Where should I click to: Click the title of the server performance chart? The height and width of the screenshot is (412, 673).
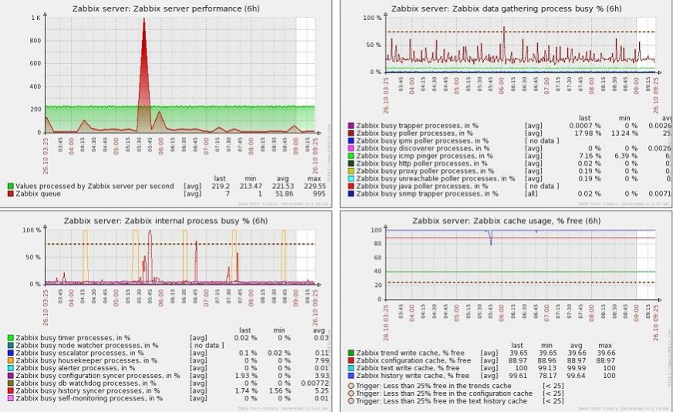166,8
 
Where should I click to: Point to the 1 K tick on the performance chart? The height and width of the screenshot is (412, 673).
36,18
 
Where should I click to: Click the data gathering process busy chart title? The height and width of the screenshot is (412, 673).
506,8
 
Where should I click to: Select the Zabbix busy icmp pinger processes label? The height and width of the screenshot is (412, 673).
417,156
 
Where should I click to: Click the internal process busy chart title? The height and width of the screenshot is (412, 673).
166,221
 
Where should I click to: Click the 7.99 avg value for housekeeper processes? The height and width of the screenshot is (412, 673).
322,360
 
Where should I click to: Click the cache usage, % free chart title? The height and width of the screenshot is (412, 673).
506,221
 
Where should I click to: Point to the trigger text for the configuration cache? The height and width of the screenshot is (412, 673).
445,393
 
